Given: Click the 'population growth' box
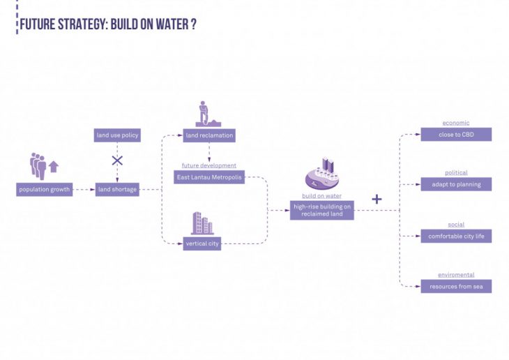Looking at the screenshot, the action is coord(45,190).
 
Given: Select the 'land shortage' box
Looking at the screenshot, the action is coord(117,190).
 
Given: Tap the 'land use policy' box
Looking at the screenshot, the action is coord(117,135).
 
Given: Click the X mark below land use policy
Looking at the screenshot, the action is coord(117,160).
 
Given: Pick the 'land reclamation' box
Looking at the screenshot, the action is coord(209,135).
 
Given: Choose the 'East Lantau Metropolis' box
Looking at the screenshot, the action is coord(209,177).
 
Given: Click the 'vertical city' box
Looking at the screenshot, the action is coord(202,243).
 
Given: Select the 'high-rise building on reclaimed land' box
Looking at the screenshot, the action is coord(321,210).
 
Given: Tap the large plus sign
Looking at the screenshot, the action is coord(377,199).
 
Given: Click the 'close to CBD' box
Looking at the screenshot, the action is coord(456,135).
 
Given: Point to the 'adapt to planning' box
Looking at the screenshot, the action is coord(456,184).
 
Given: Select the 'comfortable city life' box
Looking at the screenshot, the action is coord(456,237).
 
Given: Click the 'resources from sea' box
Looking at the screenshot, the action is coord(456,286).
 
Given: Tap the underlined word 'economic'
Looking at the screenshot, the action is coord(456,123).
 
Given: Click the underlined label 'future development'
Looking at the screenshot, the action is coord(209,165).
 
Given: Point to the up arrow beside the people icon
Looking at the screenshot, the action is coord(54,167).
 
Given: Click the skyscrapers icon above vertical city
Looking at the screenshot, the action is coord(202,223).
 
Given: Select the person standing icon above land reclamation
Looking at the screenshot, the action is coord(208,114).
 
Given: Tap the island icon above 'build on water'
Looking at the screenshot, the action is coord(321,174).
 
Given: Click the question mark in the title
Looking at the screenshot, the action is coord(193,24).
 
